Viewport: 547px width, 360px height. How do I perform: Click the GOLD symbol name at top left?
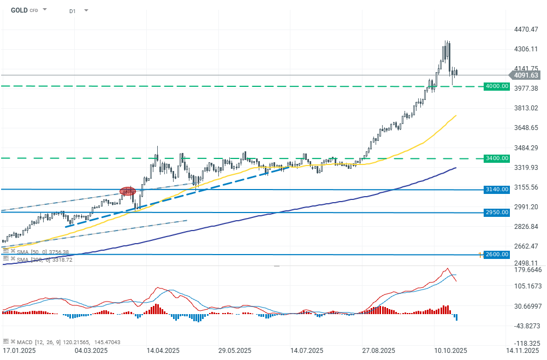[x=19, y=10]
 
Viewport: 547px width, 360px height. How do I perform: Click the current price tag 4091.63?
[x=525, y=75]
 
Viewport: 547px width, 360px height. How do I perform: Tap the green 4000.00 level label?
[x=497, y=86]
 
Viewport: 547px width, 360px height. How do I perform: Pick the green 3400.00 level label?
[x=497, y=158]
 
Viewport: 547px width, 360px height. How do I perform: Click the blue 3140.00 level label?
[x=497, y=190]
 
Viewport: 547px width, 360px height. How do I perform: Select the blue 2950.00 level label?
[x=497, y=213]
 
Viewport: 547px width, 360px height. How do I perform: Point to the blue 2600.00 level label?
[x=497, y=255]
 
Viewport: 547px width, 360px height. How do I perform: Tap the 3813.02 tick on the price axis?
[x=527, y=108]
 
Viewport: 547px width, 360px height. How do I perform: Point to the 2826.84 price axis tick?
[x=527, y=227]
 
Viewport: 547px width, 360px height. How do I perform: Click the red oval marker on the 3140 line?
[x=128, y=191]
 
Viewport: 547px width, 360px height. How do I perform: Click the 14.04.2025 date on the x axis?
[x=163, y=350]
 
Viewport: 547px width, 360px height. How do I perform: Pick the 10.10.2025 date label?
[x=450, y=350]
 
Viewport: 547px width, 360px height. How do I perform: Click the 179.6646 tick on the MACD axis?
[x=527, y=270]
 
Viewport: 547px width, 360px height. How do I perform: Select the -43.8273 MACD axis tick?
[x=527, y=326]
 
